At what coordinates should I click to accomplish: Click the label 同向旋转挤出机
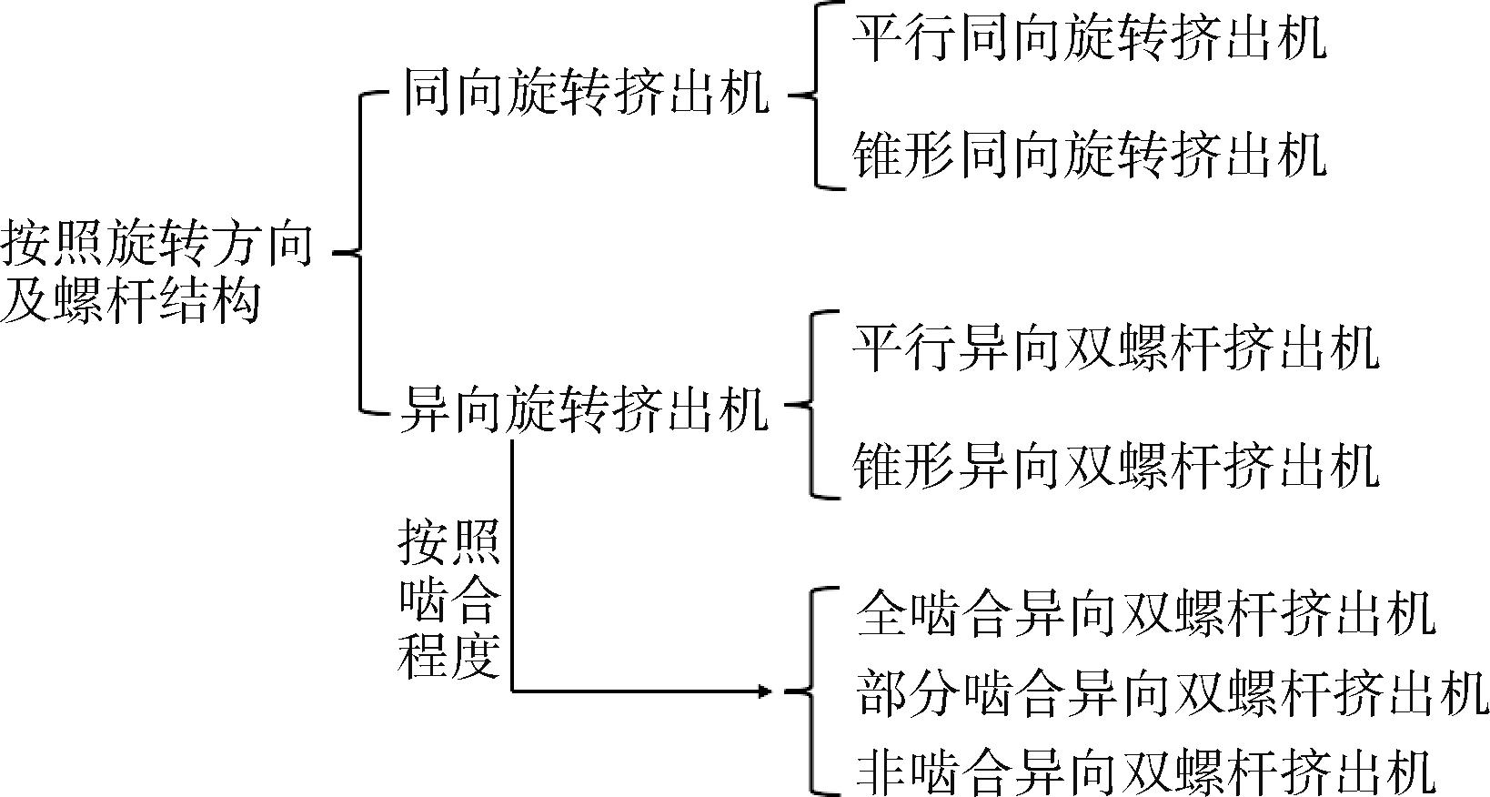pyautogui.click(x=586, y=93)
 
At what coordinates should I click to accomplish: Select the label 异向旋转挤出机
pyautogui.click(x=585, y=409)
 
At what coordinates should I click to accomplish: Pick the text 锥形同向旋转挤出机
pyautogui.click(x=1090, y=155)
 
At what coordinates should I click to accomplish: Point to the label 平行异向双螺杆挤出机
pyautogui.click(x=1116, y=348)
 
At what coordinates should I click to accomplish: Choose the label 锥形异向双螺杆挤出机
pyautogui.click(x=1116, y=465)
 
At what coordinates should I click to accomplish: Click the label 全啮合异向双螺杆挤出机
pyautogui.click(x=1145, y=612)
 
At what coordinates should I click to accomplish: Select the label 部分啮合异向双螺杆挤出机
pyautogui.click(x=1172, y=692)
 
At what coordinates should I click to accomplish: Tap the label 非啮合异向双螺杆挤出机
pyautogui.click(x=1145, y=772)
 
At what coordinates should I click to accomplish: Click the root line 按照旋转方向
pyautogui.click(x=156, y=244)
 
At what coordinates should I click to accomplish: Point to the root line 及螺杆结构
pyautogui.click(x=130, y=299)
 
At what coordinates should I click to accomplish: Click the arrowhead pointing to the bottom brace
pyautogui.click(x=765, y=691)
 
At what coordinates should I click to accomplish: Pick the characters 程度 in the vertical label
pyautogui.click(x=449, y=655)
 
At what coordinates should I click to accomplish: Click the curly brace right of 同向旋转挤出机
pyautogui.click(x=815, y=96)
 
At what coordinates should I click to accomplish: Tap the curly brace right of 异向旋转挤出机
pyautogui.click(x=810, y=404)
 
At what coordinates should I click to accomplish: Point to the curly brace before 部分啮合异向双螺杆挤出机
pyautogui.click(x=810, y=691)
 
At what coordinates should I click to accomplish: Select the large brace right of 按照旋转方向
pyautogui.click(x=360, y=253)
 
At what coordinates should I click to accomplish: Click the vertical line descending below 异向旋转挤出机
pyautogui.click(x=511, y=566)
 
